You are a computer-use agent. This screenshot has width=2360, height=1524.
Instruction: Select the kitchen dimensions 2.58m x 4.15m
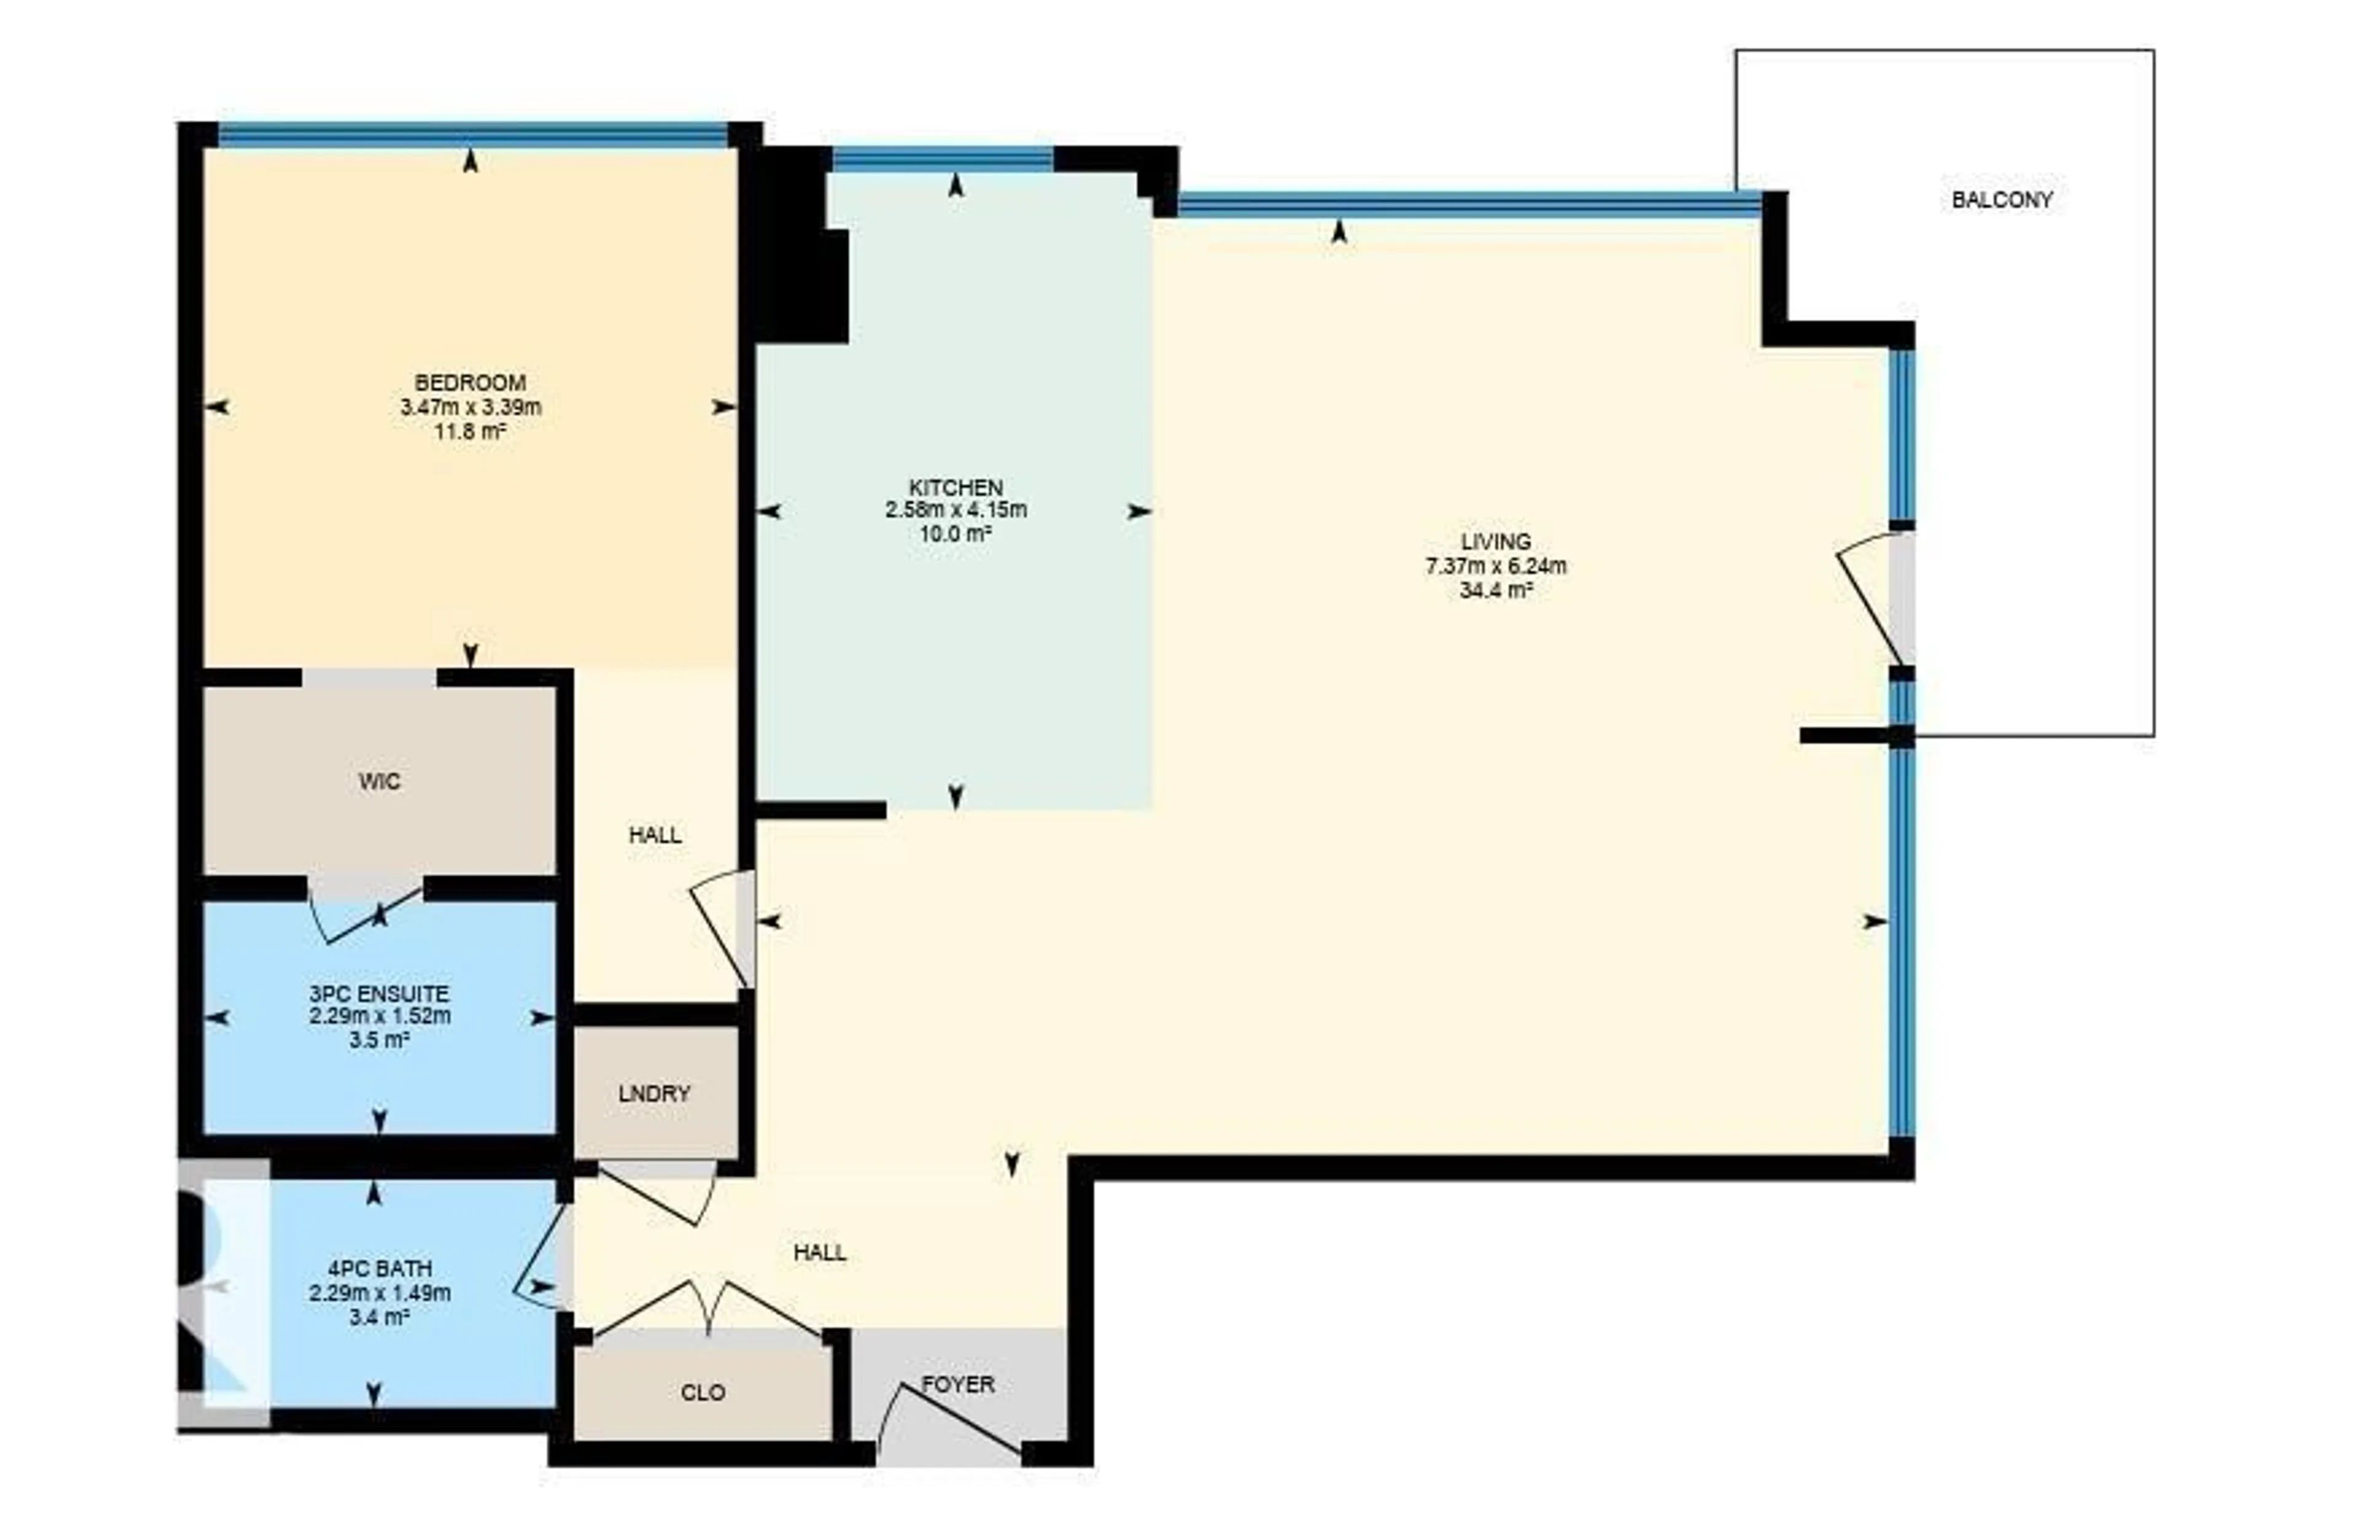coord(955,510)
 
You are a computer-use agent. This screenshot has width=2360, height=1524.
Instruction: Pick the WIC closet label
coord(379,782)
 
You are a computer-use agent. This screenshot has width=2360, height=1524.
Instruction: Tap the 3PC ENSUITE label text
coord(379,993)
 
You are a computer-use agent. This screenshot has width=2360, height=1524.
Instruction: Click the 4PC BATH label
coord(379,1268)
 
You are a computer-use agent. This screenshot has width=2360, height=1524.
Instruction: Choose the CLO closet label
coord(703,1393)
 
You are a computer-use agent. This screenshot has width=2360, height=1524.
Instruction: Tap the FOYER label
coord(958,1385)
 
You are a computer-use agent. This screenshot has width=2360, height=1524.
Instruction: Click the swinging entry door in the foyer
coord(950,1420)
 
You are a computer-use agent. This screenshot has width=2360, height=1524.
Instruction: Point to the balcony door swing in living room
coord(1874,599)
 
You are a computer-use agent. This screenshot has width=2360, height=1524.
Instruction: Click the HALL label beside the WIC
coord(655,834)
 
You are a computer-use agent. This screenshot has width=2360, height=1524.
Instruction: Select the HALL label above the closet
coord(820,1253)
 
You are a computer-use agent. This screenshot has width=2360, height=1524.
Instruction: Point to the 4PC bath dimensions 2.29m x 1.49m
coord(379,1292)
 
